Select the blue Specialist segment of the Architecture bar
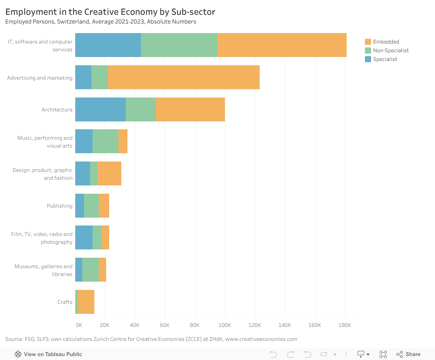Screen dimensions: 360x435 point(100,109)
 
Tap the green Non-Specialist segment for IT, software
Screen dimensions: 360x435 point(179,45)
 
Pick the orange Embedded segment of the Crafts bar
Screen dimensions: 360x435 point(86,302)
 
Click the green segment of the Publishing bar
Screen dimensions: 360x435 point(91,205)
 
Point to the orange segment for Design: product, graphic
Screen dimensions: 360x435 point(109,173)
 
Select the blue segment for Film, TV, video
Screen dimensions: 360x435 point(84,238)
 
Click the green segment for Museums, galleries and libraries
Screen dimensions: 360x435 point(90,269)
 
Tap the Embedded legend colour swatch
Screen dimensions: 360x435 point(368,42)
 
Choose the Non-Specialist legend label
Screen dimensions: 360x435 point(391,50)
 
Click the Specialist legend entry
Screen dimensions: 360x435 point(385,59)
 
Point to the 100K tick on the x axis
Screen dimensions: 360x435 point(225,325)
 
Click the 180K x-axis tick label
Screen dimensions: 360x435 point(345,325)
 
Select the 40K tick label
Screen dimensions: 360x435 point(135,325)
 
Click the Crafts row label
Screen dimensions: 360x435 point(65,302)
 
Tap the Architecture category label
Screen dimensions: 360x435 point(57,109)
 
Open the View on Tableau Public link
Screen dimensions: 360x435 point(53,354)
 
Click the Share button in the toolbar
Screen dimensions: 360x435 point(413,354)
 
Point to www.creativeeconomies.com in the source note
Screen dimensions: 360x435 point(261,339)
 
